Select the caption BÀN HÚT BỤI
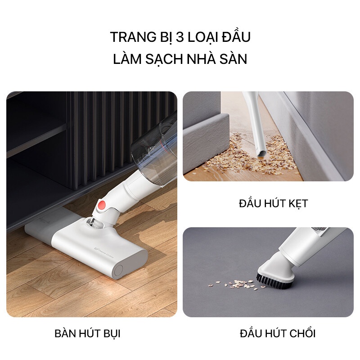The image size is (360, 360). click(87, 334)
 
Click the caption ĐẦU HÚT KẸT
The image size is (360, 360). click(273, 203)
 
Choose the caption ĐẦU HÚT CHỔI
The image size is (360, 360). click(278, 334)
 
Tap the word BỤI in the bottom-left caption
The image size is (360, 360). click(111, 334)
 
